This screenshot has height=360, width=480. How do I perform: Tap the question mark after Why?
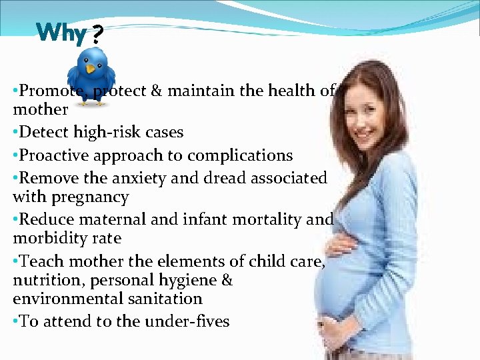pos(97,33)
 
